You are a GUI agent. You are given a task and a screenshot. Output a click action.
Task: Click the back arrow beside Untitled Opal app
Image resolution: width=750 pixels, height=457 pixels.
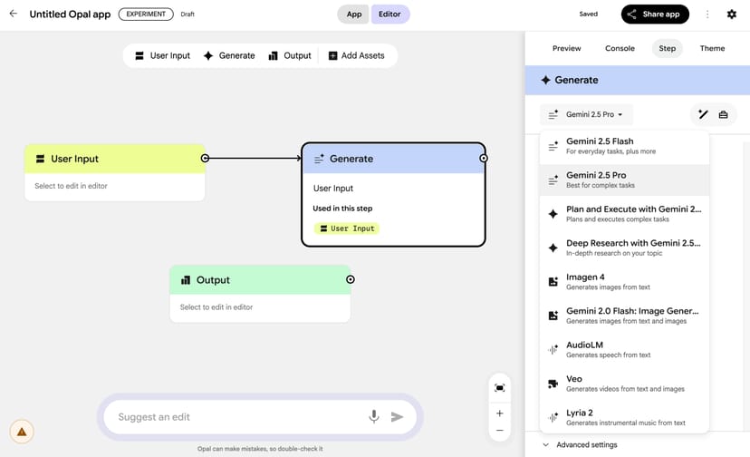(x=13, y=14)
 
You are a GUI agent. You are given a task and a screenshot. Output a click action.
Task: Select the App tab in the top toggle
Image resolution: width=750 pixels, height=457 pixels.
(x=354, y=15)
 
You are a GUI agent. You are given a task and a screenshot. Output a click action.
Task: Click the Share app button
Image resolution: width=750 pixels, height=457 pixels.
(x=655, y=15)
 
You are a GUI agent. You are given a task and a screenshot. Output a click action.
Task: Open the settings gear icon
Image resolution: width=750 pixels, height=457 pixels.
(x=732, y=15)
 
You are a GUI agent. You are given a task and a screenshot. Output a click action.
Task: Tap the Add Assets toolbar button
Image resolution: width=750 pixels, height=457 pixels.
(x=356, y=55)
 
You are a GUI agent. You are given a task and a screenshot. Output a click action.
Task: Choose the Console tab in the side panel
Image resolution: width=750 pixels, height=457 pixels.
(x=620, y=48)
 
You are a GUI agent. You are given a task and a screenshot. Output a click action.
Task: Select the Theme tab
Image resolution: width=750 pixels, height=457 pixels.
(x=712, y=48)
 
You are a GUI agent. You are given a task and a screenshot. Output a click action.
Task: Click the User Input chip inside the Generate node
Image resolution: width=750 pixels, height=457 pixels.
(x=347, y=228)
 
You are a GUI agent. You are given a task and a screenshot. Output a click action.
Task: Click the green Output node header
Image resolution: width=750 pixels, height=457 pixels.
(x=260, y=280)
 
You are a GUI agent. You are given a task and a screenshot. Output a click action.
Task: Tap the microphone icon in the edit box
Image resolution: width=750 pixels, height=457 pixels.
(x=373, y=417)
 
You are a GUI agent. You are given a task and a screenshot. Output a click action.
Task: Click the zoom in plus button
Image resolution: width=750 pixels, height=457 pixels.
(x=500, y=413)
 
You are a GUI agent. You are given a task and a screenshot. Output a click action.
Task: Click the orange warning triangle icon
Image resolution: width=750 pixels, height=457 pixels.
(x=22, y=432)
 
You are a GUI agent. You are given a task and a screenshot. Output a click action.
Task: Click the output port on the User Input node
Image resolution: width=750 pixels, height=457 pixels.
(x=205, y=159)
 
